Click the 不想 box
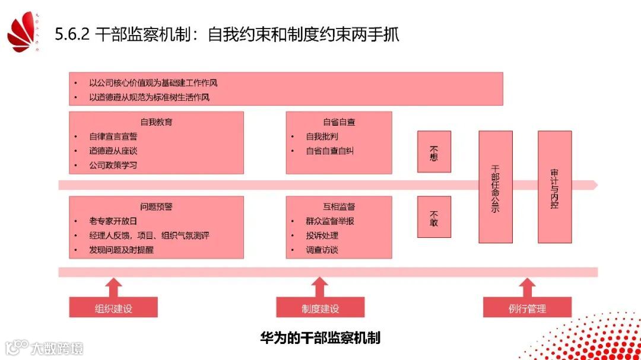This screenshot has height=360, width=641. click(434, 151)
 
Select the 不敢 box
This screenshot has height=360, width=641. click(434, 217)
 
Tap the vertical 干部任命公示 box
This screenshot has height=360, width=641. click(496, 187)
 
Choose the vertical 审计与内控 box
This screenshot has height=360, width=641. click(554, 187)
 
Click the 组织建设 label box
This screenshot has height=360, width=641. click(113, 308)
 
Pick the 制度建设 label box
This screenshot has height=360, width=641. click(320, 308)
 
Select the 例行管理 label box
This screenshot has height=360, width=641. click(527, 308)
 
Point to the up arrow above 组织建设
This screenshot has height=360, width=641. click(113, 287)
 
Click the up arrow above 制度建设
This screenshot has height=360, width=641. click(320, 287)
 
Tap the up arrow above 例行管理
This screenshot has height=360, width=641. click(527, 287)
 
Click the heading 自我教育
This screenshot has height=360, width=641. click(157, 122)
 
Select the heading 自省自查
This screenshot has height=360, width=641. click(339, 122)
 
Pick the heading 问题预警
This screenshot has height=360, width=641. click(157, 207)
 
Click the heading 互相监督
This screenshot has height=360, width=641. click(339, 207)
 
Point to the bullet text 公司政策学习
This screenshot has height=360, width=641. click(113, 165)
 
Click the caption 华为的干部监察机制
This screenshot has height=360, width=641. click(320, 338)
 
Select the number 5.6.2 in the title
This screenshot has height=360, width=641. click(72, 34)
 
